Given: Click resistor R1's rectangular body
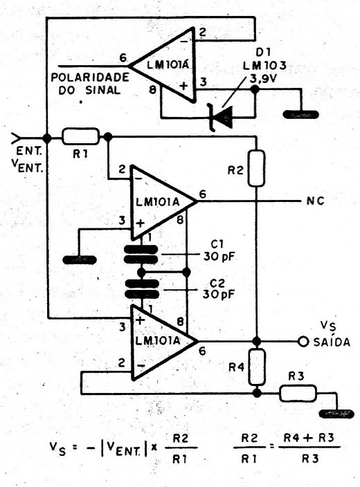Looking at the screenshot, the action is pos(81,136).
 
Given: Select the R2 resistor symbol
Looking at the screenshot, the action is pos(256,168).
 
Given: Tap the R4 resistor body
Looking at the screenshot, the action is pos(257,367).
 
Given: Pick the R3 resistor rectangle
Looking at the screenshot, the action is pos(298,393).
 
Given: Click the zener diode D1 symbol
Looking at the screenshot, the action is pos(221,117).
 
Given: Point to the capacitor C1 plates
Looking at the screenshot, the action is pos(141,255).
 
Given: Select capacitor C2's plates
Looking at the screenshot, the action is pos(142,288).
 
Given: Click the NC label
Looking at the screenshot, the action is pos(315,201).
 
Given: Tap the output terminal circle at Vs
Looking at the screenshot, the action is pos(303,342).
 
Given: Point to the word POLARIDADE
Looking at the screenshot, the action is pos(90,77).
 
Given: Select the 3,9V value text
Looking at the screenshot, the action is pos(263,79).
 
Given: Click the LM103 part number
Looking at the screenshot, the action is pos(264,66).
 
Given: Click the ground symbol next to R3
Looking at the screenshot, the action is pos(336,414).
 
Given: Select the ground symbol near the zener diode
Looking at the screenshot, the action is pos(300,115).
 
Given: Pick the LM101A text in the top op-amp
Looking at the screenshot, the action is pos(168,66).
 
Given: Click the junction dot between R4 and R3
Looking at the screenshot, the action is pos(257,393).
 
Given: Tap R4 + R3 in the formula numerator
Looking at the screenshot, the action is pos(309,438).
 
